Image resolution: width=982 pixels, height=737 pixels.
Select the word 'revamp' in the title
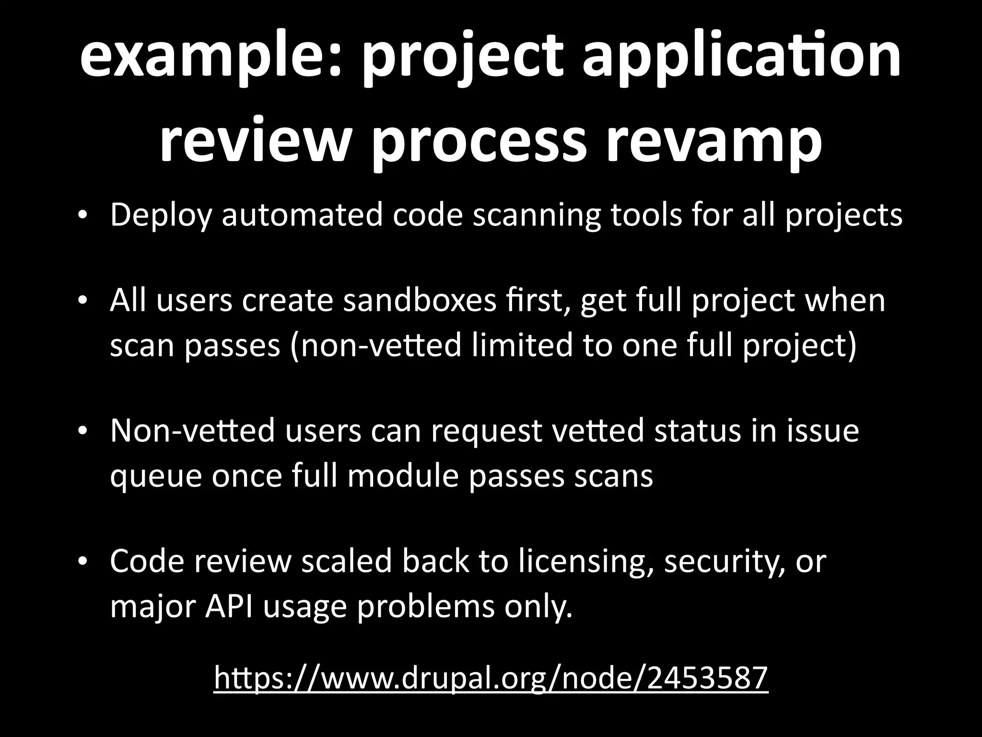pos(714,142)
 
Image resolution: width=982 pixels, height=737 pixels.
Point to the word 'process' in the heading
pos(479,142)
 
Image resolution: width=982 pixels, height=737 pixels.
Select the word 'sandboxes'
pos(420,301)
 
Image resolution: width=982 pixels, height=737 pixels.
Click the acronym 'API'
pos(229,606)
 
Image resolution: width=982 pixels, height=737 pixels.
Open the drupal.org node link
pos(491,678)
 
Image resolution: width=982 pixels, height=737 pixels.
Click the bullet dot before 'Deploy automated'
pos(82,215)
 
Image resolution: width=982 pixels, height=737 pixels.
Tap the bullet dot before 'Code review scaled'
pos(82,562)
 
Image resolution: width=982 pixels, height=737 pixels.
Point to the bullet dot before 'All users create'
pos(82,301)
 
